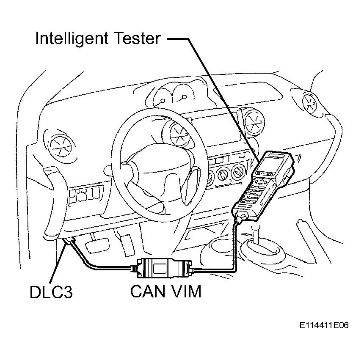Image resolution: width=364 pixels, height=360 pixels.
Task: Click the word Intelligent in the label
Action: click(x=72, y=39)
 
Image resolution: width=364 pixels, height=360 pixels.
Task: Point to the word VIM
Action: click(x=186, y=291)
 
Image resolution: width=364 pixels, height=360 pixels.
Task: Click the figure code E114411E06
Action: click(x=324, y=325)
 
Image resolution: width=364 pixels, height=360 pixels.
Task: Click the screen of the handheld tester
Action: click(x=270, y=163)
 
